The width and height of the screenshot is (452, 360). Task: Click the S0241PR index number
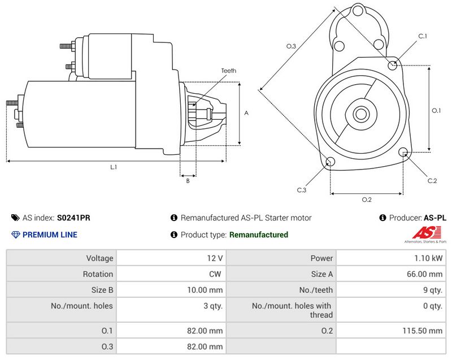73,218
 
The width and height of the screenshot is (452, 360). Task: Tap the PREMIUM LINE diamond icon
15,235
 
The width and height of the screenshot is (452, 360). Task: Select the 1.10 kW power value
428,258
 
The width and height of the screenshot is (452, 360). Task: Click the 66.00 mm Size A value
424,274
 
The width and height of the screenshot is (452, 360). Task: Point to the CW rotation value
215,274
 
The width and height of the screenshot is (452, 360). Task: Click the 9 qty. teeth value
433,290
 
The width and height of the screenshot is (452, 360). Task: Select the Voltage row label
99,258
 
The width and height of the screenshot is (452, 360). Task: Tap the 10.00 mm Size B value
205,290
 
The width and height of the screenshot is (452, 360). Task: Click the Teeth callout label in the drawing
229,71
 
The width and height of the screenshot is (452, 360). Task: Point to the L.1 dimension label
114,167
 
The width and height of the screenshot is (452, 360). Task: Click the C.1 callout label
423,36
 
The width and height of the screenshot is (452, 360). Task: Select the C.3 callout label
302,190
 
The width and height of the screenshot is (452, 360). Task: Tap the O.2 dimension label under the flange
367,199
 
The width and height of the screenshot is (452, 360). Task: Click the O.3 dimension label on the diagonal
291,46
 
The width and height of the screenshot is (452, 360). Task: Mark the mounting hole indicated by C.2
403,152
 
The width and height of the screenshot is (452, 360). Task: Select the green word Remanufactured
259,235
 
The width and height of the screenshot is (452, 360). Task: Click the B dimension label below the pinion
188,181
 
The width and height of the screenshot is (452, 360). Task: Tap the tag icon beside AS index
15,218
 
